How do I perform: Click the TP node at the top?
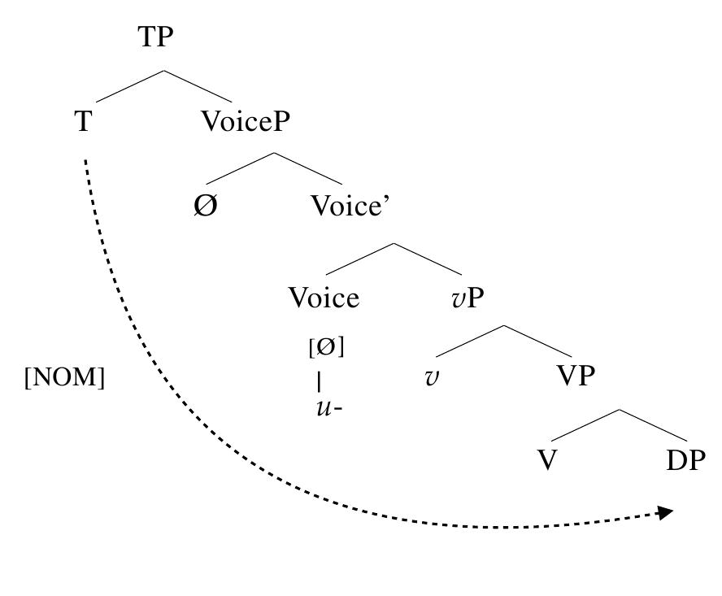(x=155, y=37)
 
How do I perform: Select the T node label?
(x=84, y=122)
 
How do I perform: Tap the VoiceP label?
(x=246, y=122)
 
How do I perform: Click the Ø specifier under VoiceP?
(x=206, y=206)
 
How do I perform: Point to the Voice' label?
(x=350, y=206)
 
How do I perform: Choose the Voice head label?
(x=324, y=298)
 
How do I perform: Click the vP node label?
(x=468, y=298)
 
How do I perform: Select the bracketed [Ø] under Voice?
(x=327, y=347)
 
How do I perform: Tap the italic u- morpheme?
(x=329, y=408)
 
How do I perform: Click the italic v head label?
(x=432, y=377)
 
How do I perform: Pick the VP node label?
(x=576, y=376)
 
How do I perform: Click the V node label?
(x=547, y=459)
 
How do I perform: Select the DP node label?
(x=685, y=459)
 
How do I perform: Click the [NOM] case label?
(x=64, y=377)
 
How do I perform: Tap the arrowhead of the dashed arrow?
(x=666, y=512)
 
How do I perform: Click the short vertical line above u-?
(x=319, y=382)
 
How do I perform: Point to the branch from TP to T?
(x=130, y=86)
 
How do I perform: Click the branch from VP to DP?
(x=653, y=425)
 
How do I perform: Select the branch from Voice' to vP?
(x=428, y=259)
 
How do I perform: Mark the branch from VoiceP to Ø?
(x=240, y=168)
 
